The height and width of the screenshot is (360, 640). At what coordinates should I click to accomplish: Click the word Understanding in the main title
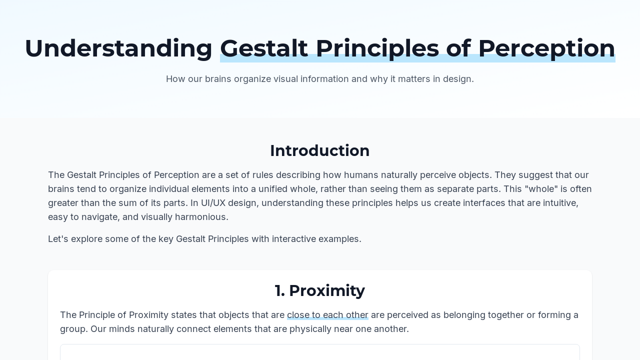(x=118, y=48)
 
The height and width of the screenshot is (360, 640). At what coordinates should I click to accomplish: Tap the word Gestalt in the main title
(x=264, y=48)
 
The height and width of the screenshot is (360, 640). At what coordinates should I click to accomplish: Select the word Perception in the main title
(x=546, y=49)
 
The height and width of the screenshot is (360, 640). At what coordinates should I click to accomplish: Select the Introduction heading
(x=319, y=150)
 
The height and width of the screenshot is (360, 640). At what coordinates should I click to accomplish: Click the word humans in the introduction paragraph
(x=361, y=175)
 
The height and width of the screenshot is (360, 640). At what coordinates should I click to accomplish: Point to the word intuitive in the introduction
(x=560, y=203)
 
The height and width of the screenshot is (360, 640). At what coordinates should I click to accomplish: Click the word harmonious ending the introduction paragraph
(x=201, y=217)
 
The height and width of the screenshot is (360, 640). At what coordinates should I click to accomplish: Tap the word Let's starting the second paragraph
(x=58, y=239)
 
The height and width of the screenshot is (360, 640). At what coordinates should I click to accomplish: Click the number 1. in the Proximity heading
(x=279, y=290)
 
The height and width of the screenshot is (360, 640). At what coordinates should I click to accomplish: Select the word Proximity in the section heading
(x=327, y=291)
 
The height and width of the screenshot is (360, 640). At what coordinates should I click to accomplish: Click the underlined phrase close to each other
(x=327, y=315)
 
